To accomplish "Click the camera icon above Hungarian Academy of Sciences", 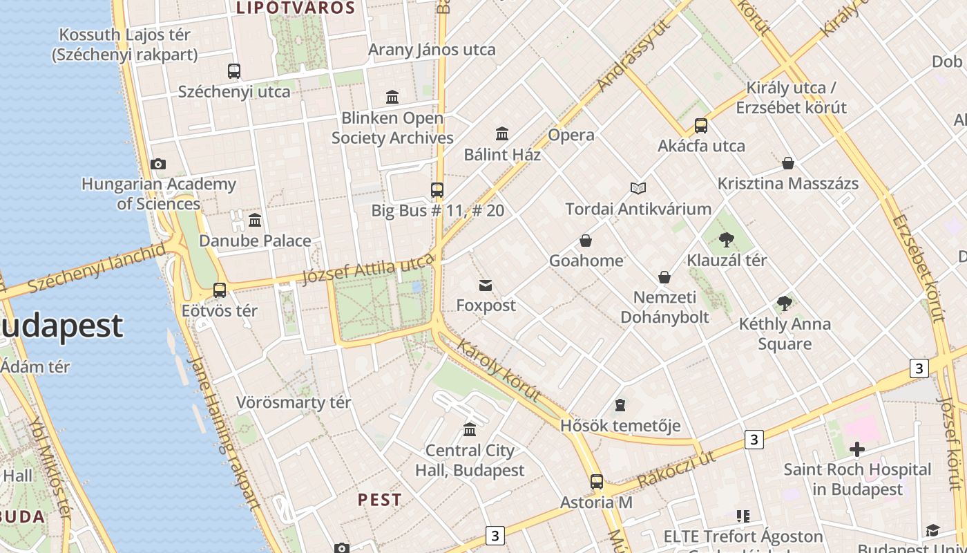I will [x=158, y=165].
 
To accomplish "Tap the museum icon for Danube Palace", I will [x=255, y=221].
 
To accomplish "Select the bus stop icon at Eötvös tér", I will [x=220, y=290].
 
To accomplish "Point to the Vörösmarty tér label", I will [x=294, y=402].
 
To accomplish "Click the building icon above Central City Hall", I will [x=470, y=430].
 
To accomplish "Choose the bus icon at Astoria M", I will [x=597, y=482].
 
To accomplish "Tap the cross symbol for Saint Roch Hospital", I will [x=856, y=450].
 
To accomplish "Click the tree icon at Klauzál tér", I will [x=726, y=240].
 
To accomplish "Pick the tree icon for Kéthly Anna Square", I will [x=784, y=303].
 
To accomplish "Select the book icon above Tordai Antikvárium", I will [x=638, y=188].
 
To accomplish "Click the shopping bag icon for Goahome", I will [x=586, y=241].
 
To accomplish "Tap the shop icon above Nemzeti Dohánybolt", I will [x=664, y=277].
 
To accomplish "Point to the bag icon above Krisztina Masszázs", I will [x=788, y=163].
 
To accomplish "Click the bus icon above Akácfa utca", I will [x=701, y=126].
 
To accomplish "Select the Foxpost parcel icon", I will [x=486, y=285].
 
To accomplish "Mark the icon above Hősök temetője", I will [x=620, y=405].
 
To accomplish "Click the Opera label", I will [x=571, y=135].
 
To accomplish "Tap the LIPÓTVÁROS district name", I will [x=296, y=8].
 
